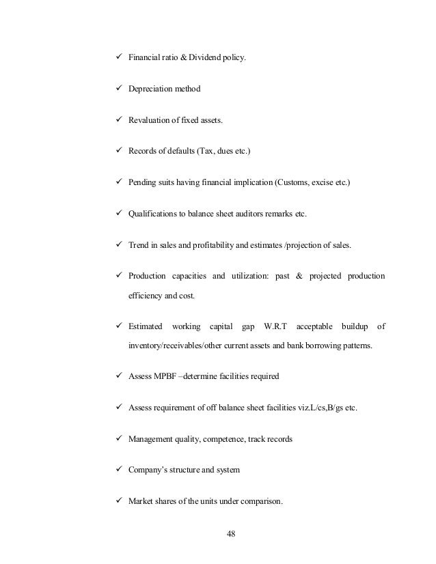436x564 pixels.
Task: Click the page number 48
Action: click(230, 533)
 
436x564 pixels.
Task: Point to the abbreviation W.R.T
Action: click(277, 326)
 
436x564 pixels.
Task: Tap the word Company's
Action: click(149, 470)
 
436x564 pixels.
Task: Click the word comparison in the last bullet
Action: click(261, 502)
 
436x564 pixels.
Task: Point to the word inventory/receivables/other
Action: click(180, 346)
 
